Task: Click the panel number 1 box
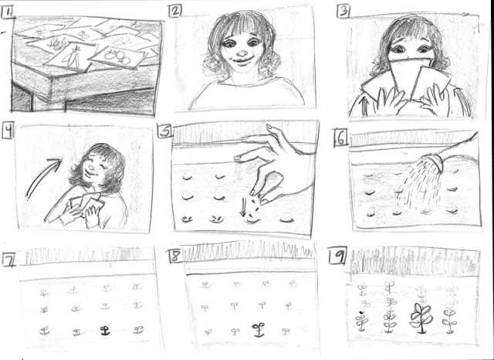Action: pyautogui.click(x=8, y=12)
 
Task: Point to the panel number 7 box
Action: pyautogui.click(x=8, y=260)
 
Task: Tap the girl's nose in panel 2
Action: pyautogui.click(x=242, y=52)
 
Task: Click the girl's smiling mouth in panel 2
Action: pyautogui.click(x=242, y=60)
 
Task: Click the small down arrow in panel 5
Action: pyautogui.click(x=243, y=207)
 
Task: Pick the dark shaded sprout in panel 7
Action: pyautogui.click(x=104, y=331)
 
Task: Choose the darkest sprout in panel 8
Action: pyautogui.click(x=259, y=329)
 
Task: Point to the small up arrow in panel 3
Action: pyautogui.click(x=366, y=106)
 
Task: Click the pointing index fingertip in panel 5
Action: pyautogui.click(x=237, y=158)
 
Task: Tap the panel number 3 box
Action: pyautogui.click(x=343, y=12)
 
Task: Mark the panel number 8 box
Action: pyautogui.click(x=176, y=256)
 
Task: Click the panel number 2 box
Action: pyautogui.click(x=175, y=11)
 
